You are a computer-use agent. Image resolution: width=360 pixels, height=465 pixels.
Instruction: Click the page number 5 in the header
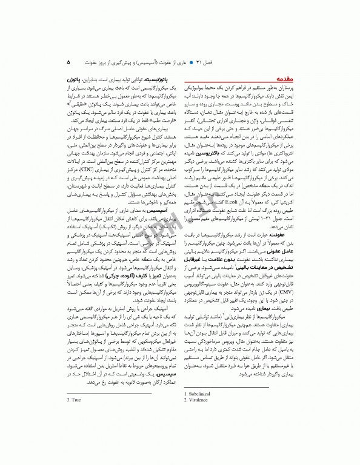[x=68, y=62]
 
